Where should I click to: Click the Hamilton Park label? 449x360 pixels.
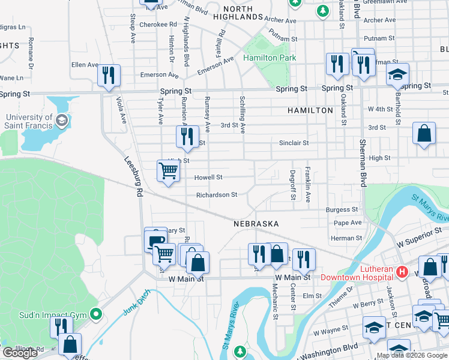tap(266, 58)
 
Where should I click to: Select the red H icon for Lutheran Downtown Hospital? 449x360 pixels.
tap(402, 273)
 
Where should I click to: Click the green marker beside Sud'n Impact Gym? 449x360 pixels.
tap(95, 314)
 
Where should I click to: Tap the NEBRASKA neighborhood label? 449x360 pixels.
tap(256, 224)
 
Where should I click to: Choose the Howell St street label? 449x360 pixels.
tap(208, 178)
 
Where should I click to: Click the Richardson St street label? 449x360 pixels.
tap(217, 195)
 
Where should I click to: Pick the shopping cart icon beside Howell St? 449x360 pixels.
tap(168, 171)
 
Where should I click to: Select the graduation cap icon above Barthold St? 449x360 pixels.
tap(397, 75)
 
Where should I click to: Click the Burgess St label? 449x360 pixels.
tap(342, 210)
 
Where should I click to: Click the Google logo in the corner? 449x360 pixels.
tap(20, 353)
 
